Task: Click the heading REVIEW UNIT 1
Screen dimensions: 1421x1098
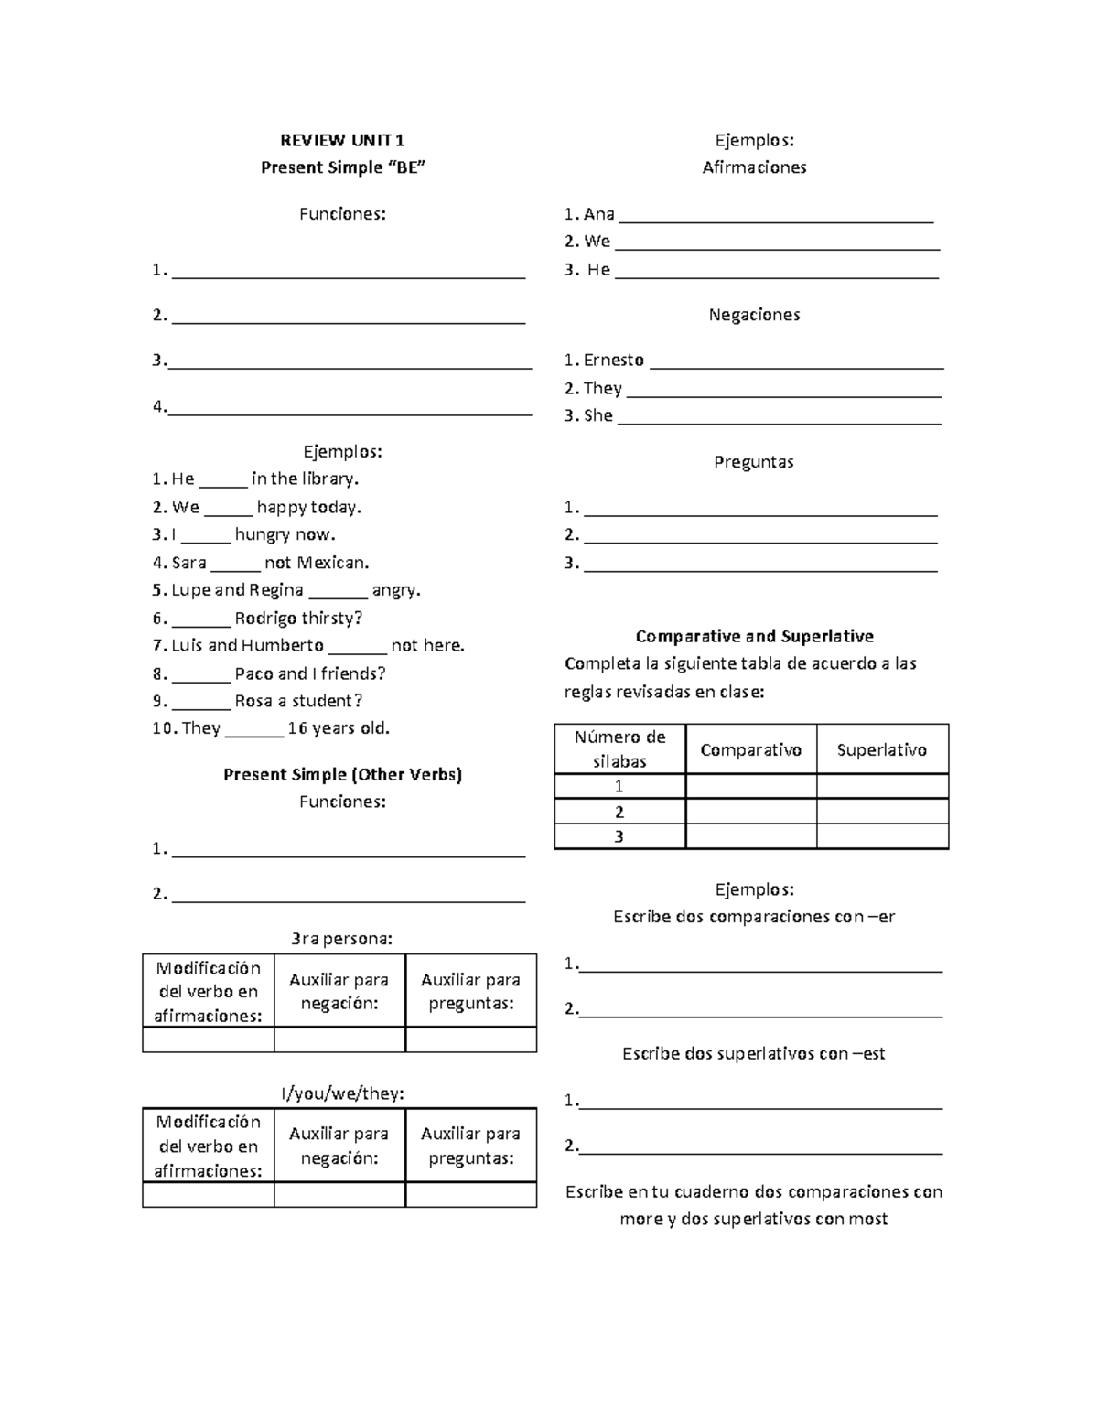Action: tap(342, 140)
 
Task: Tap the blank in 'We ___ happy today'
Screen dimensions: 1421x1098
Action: tap(228, 508)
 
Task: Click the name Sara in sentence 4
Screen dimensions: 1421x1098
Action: tap(188, 563)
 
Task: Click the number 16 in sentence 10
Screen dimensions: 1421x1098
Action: tap(296, 728)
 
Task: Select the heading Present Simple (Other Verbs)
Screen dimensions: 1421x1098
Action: tap(342, 774)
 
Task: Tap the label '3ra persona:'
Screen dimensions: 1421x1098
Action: tap(341, 938)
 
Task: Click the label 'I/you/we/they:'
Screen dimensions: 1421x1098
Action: tap(341, 1093)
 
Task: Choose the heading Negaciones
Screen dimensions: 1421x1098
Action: tap(754, 315)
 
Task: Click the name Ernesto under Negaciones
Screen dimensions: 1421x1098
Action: tap(613, 360)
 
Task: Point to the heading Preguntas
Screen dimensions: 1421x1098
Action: tap(754, 462)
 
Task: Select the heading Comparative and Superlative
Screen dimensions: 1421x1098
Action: tap(754, 636)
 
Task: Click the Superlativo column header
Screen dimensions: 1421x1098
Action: tap(881, 750)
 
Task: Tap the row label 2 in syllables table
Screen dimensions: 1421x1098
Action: tap(619, 812)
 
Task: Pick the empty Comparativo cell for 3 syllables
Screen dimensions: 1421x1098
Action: tap(750, 836)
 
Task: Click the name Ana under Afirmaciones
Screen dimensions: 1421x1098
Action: tap(598, 214)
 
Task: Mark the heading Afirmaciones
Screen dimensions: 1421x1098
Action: tap(754, 167)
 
